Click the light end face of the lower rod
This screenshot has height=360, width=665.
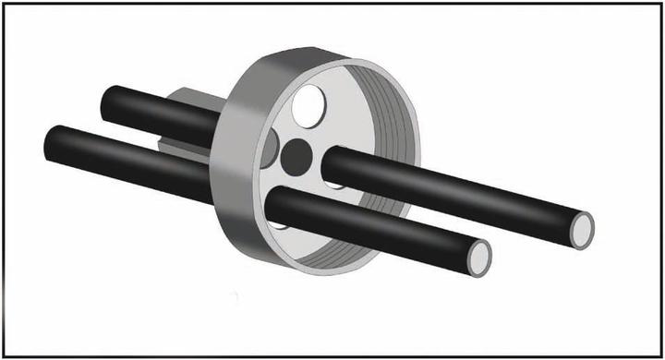pyautogui.click(x=479, y=256)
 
